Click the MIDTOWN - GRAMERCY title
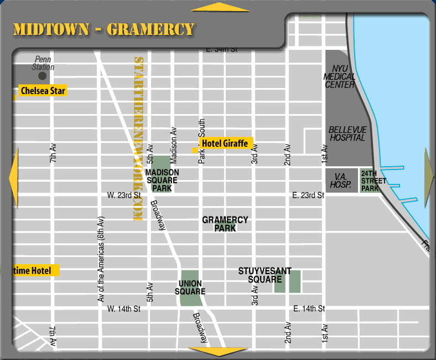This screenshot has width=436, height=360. click(103, 29)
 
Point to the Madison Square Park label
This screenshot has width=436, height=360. click(162, 181)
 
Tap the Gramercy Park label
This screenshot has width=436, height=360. click(225, 224)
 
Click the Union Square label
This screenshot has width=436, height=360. click(190, 287)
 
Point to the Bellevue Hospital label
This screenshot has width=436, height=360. click(347, 133)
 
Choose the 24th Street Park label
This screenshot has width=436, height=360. click(370, 181)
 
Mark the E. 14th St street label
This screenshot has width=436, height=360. click(308, 308)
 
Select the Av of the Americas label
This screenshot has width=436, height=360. click(101, 259)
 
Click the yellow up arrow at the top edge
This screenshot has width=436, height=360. click(220, 7)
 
